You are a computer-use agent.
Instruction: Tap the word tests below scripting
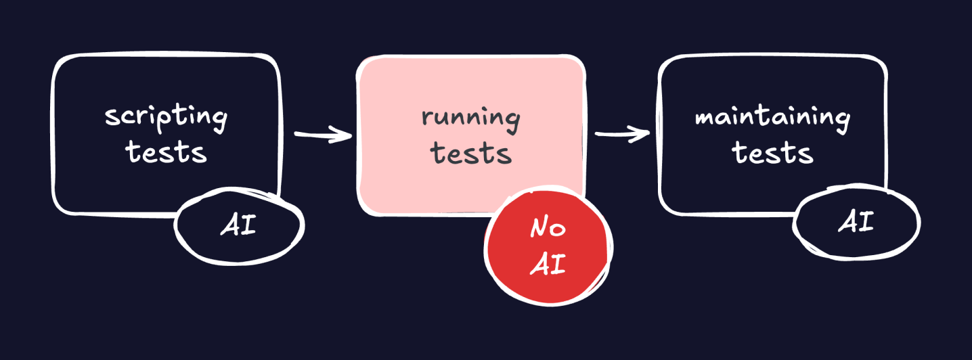tap(167, 153)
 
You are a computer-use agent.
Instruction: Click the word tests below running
tap(472, 153)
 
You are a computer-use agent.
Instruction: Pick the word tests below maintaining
tap(773, 153)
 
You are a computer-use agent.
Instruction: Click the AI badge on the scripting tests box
tap(239, 225)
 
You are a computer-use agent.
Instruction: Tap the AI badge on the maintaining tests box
tap(856, 223)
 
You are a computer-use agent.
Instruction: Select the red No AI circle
tap(548, 246)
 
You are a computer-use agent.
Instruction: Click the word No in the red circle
tap(548, 229)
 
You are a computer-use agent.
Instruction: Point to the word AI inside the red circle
tap(548, 265)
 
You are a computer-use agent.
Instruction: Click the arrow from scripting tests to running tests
tap(324, 135)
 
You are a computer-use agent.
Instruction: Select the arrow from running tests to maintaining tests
tap(621, 134)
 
